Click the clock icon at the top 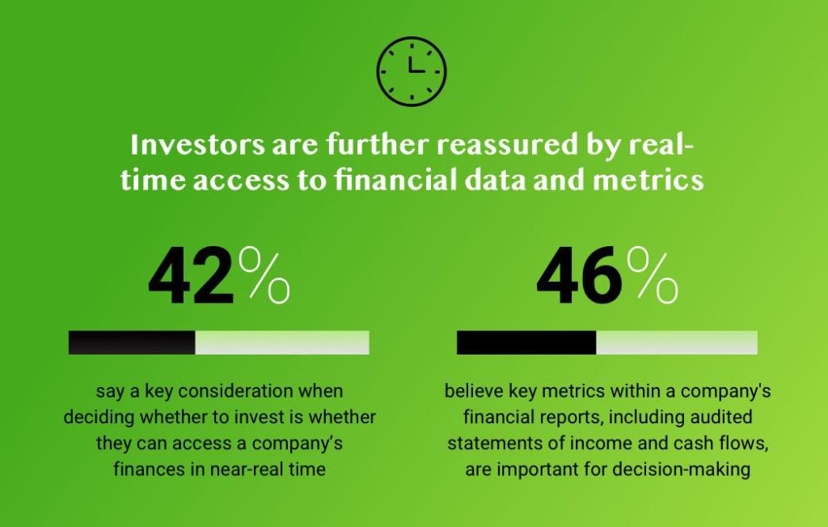(x=412, y=71)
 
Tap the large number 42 (x=191, y=276)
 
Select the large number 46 (x=579, y=276)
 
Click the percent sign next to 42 (x=264, y=276)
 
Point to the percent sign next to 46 (x=653, y=276)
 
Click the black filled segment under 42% (x=132, y=342)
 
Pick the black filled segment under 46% (x=526, y=342)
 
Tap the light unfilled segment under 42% (x=282, y=342)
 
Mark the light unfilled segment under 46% (x=677, y=342)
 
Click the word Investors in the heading (x=197, y=145)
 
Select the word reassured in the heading (x=507, y=145)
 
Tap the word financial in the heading (x=395, y=180)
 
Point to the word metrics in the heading (x=648, y=181)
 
